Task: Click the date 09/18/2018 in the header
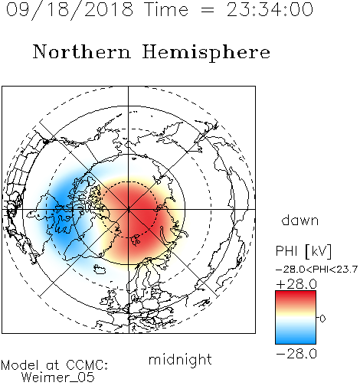click(70, 10)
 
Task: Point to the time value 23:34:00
click(270, 9)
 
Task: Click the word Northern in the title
click(82, 51)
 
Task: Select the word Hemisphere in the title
click(206, 53)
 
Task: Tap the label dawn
click(300, 220)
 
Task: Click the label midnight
click(180, 359)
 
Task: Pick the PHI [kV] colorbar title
click(303, 251)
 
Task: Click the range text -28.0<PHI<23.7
click(316, 270)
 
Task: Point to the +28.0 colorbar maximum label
click(296, 284)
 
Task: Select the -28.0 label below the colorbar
click(296, 354)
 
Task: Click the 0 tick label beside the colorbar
click(322, 319)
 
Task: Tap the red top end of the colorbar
click(296, 293)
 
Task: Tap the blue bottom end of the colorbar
click(296, 341)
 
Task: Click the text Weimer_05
click(58, 377)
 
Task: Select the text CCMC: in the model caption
click(87, 364)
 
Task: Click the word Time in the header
click(166, 9)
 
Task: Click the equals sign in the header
click(208, 10)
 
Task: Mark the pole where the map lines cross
click(129, 209)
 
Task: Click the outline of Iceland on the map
click(100, 269)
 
